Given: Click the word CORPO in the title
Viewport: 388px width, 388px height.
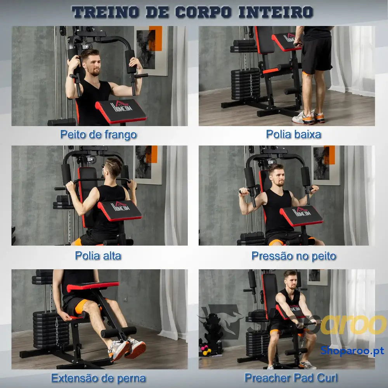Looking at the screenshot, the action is click(x=203, y=12).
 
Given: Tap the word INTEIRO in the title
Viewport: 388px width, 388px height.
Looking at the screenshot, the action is click(x=276, y=12).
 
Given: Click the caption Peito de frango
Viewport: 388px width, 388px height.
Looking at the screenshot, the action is click(x=99, y=135).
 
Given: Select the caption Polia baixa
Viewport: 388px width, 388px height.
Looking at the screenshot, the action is click(x=293, y=134).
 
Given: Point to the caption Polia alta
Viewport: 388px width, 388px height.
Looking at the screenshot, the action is click(x=98, y=256).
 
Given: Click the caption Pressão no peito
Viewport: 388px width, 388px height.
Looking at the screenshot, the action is click(x=294, y=256).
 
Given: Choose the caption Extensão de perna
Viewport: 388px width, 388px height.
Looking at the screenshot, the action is click(x=99, y=378).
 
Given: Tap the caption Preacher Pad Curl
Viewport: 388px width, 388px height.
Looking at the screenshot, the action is click(x=291, y=378).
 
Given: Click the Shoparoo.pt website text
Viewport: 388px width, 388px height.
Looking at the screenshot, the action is click(x=352, y=351).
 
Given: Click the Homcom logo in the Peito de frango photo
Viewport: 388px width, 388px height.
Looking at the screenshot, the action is click(x=121, y=106).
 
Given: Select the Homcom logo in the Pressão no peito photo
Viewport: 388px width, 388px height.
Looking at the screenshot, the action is click(x=301, y=212).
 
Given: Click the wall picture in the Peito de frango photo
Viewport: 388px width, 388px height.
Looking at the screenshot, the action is click(x=151, y=51).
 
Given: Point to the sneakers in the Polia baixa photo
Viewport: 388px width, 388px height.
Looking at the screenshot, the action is click(x=308, y=117).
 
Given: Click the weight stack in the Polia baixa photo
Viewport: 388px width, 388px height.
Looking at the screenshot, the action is click(x=245, y=84).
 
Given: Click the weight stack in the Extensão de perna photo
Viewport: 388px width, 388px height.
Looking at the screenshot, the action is click(x=51, y=329).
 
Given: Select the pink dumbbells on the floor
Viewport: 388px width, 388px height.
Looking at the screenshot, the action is click(x=206, y=350).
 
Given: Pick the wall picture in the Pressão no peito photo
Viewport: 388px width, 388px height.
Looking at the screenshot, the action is click(x=326, y=165).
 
